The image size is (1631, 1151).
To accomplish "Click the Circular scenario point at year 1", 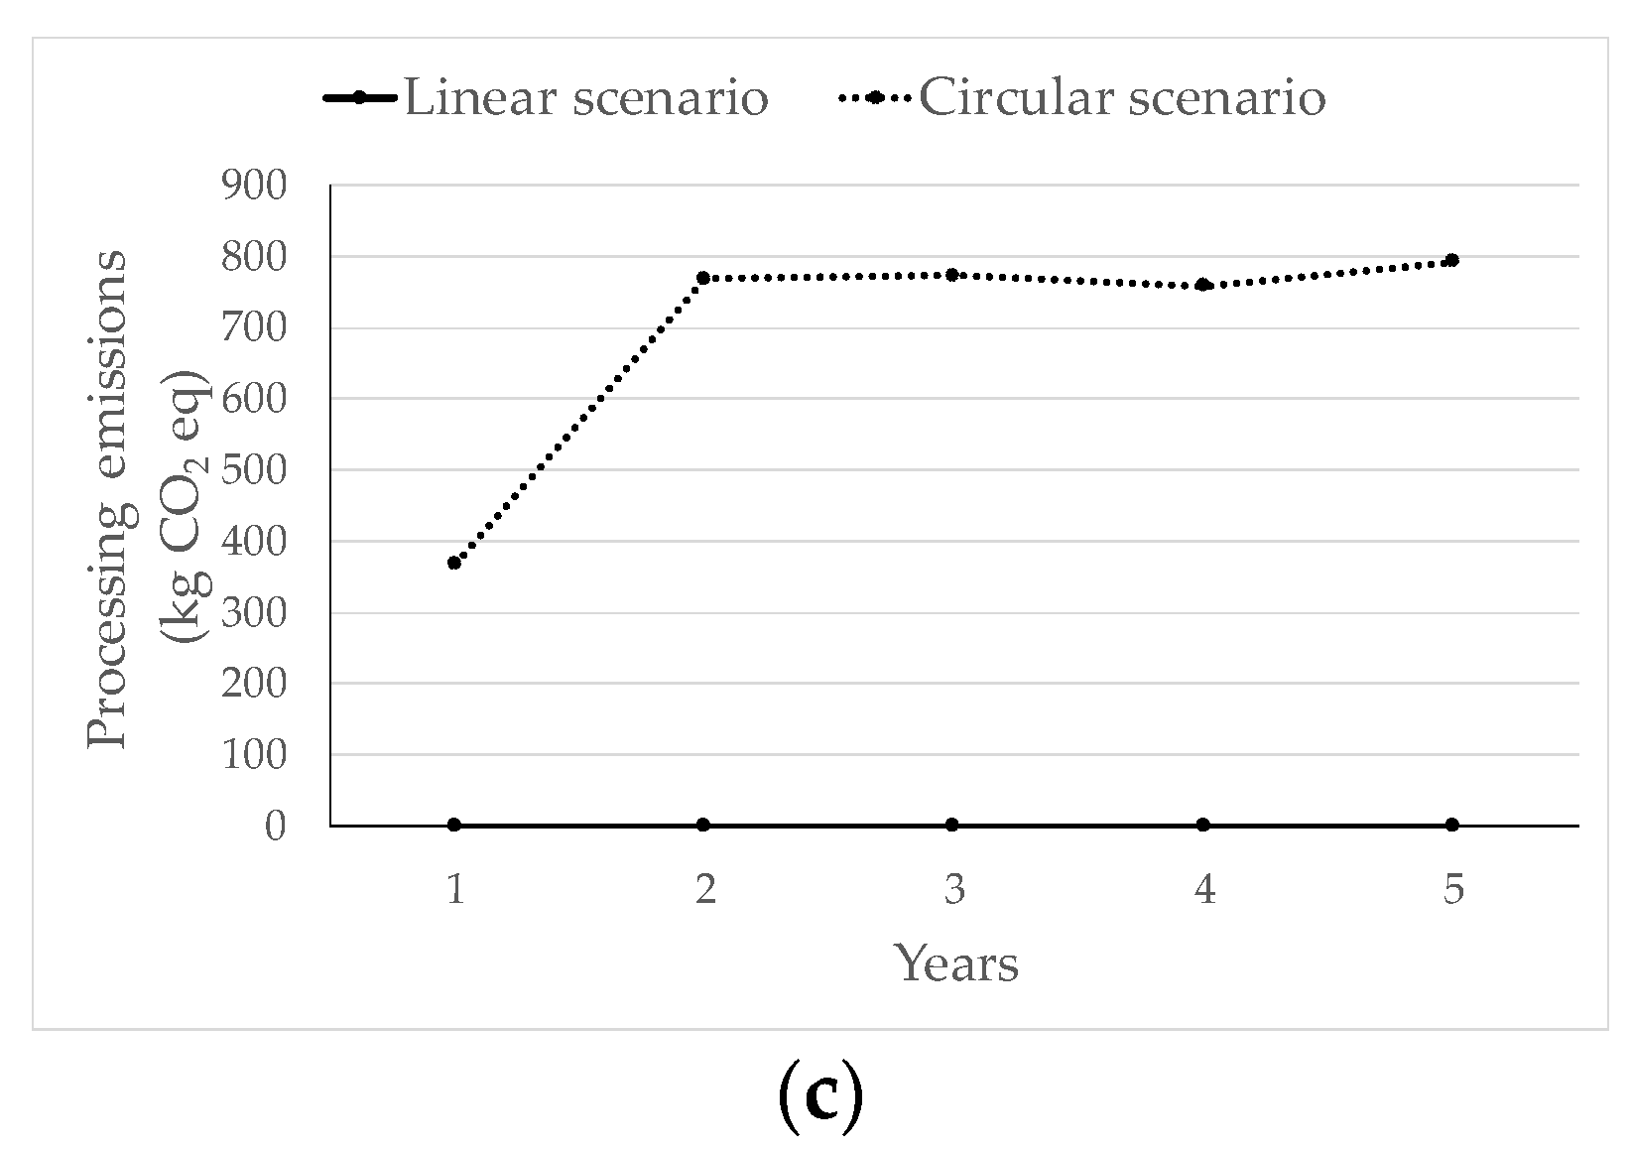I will (454, 563).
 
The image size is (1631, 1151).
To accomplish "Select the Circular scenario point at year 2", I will (703, 278).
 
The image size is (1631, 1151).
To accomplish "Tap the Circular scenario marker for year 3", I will (952, 274).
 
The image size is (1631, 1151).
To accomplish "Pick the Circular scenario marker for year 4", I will (1203, 285).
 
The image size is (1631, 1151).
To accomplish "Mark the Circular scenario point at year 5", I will (1451, 260).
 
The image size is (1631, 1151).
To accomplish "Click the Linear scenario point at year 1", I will (454, 825).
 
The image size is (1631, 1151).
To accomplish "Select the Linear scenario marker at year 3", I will (952, 825).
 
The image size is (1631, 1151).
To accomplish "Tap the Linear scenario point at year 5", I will (1451, 825).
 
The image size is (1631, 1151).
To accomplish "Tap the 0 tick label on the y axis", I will (275, 826).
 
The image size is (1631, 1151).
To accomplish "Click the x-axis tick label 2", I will (704, 890).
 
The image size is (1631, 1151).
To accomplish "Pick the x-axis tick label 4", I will (1203, 890).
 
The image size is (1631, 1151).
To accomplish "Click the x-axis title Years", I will (956, 963).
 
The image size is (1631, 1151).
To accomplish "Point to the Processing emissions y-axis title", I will (107, 499).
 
